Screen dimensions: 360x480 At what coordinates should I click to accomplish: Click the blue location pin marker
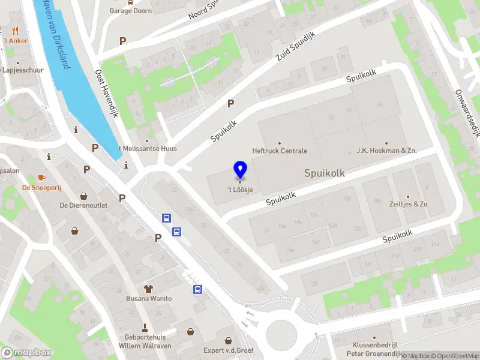(240, 170)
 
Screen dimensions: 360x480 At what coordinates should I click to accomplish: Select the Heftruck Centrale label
(280, 151)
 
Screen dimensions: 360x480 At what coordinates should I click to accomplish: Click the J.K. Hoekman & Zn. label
(386, 151)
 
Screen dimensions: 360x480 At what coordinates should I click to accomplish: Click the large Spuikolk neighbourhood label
(325, 173)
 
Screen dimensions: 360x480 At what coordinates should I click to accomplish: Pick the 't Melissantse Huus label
(146, 148)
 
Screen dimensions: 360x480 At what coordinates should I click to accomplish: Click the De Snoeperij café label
(46, 187)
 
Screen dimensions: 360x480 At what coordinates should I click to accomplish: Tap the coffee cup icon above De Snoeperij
(41, 178)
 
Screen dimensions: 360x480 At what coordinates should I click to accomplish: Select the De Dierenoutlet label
(83, 205)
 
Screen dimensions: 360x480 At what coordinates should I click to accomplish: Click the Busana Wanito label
(149, 298)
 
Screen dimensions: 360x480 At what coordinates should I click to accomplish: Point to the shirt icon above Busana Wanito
(148, 289)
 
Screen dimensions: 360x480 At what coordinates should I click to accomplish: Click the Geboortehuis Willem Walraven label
(145, 341)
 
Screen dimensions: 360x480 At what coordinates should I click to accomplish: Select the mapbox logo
(26, 353)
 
